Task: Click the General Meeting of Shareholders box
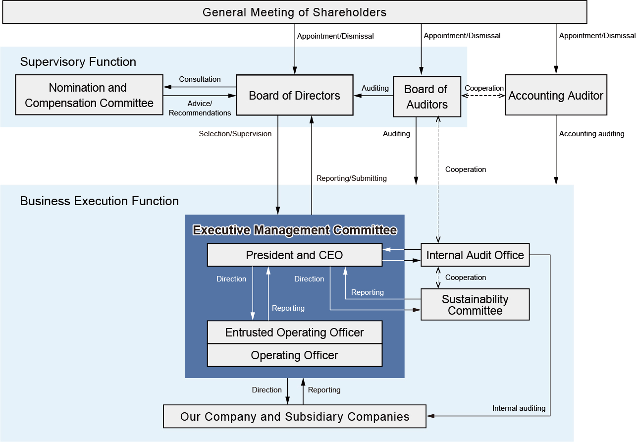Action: (x=294, y=12)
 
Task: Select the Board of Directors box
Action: (x=294, y=96)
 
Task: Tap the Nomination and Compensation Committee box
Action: (x=89, y=95)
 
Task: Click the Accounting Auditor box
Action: (x=556, y=96)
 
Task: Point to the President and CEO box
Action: (x=294, y=255)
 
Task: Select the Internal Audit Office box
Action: (x=475, y=255)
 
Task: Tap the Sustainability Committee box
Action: (x=475, y=305)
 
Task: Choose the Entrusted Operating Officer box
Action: (x=294, y=332)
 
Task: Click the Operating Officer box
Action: (x=294, y=355)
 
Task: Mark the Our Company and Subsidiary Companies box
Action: (x=294, y=417)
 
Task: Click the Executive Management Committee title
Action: (x=295, y=230)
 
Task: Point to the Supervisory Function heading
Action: (x=78, y=62)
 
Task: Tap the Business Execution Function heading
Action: (x=100, y=201)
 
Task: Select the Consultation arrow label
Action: (x=200, y=79)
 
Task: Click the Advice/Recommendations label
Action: (x=200, y=108)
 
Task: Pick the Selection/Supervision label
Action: (x=235, y=134)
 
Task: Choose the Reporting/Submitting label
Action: (x=352, y=178)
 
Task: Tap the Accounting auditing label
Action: (x=591, y=134)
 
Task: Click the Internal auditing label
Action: (x=519, y=408)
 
